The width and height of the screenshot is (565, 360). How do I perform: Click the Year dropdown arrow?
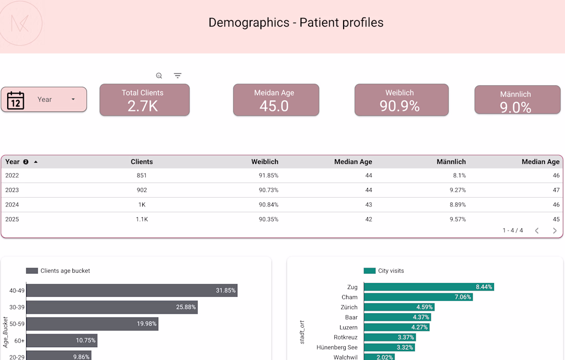pyautogui.click(x=73, y=100)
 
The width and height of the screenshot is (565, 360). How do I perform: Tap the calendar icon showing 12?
pyautogui.click(x=16, y=101)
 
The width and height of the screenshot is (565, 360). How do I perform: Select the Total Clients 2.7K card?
pyautogui.click(x=144, y=100)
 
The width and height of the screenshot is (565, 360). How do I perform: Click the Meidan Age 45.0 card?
pyautogui.click(x=276, y=100)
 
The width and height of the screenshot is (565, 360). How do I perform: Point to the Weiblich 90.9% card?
pyautogui.click(x=401, y=100)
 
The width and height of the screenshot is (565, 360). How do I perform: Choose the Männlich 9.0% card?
pyautogui.click(x=517, y=100)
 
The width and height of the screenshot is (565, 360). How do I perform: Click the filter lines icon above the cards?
pyautogui.click(x=178, y=75)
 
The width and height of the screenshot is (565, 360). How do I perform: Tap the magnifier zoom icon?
pyautogui.click(x=159, y=75)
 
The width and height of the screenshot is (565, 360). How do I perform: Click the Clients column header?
pyautogui.click(x=142, y=162)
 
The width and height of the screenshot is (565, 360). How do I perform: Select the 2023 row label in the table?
pyautogui.click(x=12, y=190)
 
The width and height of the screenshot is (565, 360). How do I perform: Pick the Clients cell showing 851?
pyautogui.click(x=142, y=176)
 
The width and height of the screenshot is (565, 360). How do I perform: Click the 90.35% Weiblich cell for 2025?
pyautogui.click(x=269, y=219)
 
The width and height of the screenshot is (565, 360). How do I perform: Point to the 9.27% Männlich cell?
pyautogui.click(x=457, y=190)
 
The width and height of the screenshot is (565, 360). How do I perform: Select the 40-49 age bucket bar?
pyautogui.click(x=131, y=291)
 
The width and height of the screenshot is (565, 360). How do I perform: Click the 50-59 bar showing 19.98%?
pyautogui.click(x=92, y=324)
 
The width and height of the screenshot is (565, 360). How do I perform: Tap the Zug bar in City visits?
pyautogui.click(x=428, y=287)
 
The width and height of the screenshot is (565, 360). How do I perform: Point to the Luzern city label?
pyautogui.click(x=348, y=328)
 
